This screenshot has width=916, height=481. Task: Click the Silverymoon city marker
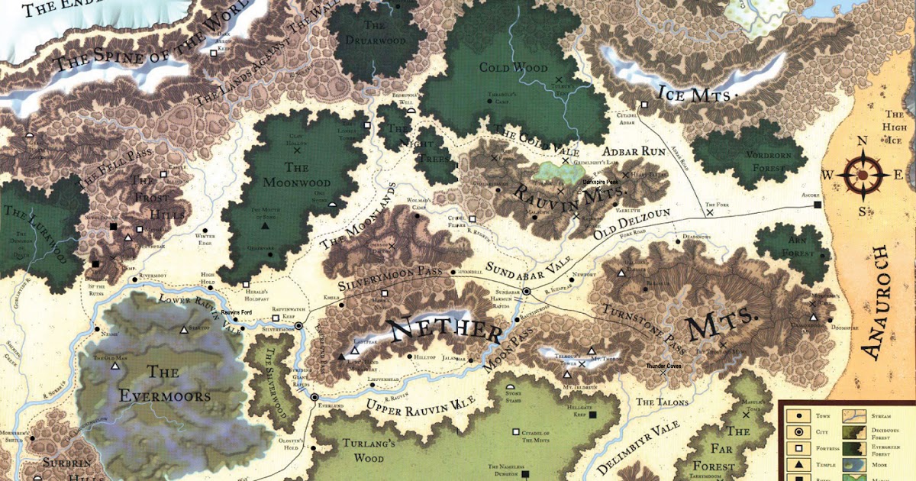tap(299, 325)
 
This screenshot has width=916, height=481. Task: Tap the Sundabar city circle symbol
tap(526, 292)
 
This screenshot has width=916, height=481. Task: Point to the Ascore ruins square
tap(818, 205)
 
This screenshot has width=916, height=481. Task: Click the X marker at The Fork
tap(710, 213)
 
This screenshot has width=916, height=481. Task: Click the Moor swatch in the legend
tap(853, 465)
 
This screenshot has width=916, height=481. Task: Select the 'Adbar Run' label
tap(633, 151)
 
